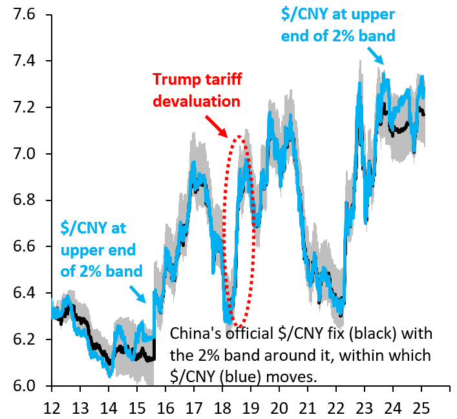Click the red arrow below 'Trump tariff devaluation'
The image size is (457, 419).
pyautogui.click(x=216, y=125)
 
